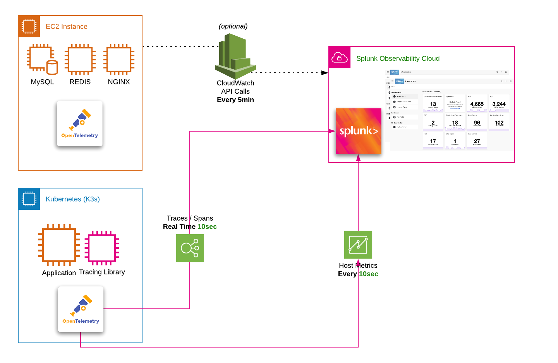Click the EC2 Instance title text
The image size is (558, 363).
click(x=66, y=27)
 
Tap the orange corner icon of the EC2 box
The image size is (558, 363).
click(x=29, y=27)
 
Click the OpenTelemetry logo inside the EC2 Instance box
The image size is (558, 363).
click(x=80, y=123)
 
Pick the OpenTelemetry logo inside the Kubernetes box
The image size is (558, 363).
click(x=81, y=309)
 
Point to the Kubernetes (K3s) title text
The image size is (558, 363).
click(x=72, y=199)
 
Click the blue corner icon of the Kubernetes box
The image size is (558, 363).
click(x=29, y=199)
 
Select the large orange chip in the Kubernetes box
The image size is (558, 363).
click(x=59, y=245)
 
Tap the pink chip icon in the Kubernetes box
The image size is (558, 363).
click(x=102, y=248)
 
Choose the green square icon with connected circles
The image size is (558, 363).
click(x=190, y=248)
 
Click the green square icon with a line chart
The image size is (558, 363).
click(x=358, y=245)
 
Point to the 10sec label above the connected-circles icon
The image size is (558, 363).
click(x=207, y=227)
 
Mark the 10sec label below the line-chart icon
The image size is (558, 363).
click(x=368, y=274)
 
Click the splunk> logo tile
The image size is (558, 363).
click(x=358, y=131)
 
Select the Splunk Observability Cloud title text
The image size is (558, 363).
click(x=398, y=59)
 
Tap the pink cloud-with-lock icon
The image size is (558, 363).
click(x=340, y=58)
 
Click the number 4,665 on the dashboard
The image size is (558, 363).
click(x=477, y=104)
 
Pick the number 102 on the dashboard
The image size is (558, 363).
click(x=499, y=123)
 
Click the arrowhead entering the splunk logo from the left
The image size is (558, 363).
click(x=332, y=131)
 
